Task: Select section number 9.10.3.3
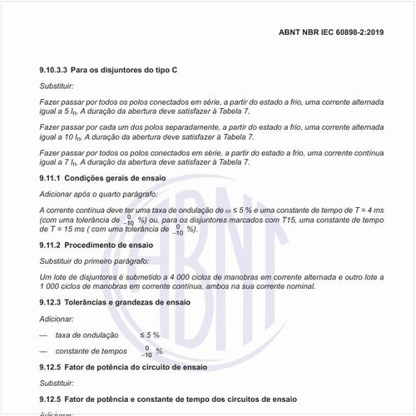[52, 72]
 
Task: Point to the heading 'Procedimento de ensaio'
[109, 245]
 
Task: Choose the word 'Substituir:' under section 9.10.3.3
[60, 87]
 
